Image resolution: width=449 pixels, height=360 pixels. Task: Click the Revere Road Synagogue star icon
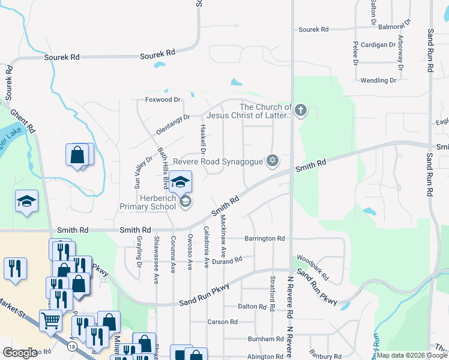coord(273,161)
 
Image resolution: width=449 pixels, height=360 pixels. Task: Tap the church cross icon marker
coord(301,110)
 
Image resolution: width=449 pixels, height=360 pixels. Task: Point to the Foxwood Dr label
coord(163,100)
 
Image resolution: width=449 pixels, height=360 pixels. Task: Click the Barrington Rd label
coord(264,238)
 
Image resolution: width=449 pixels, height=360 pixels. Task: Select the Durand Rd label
coord(227,260)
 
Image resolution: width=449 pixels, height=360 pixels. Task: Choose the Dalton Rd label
coord(252,307)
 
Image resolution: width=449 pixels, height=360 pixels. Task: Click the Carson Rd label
coord(222,322)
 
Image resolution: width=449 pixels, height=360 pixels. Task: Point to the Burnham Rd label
coord(261,340)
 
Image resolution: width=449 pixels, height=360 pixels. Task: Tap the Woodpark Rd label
coord(312,266)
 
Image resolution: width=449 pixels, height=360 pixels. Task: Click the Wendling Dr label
coord(378,80)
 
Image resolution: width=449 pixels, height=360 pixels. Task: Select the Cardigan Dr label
coord(378,45)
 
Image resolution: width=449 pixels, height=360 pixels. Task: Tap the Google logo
coord(20,353)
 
